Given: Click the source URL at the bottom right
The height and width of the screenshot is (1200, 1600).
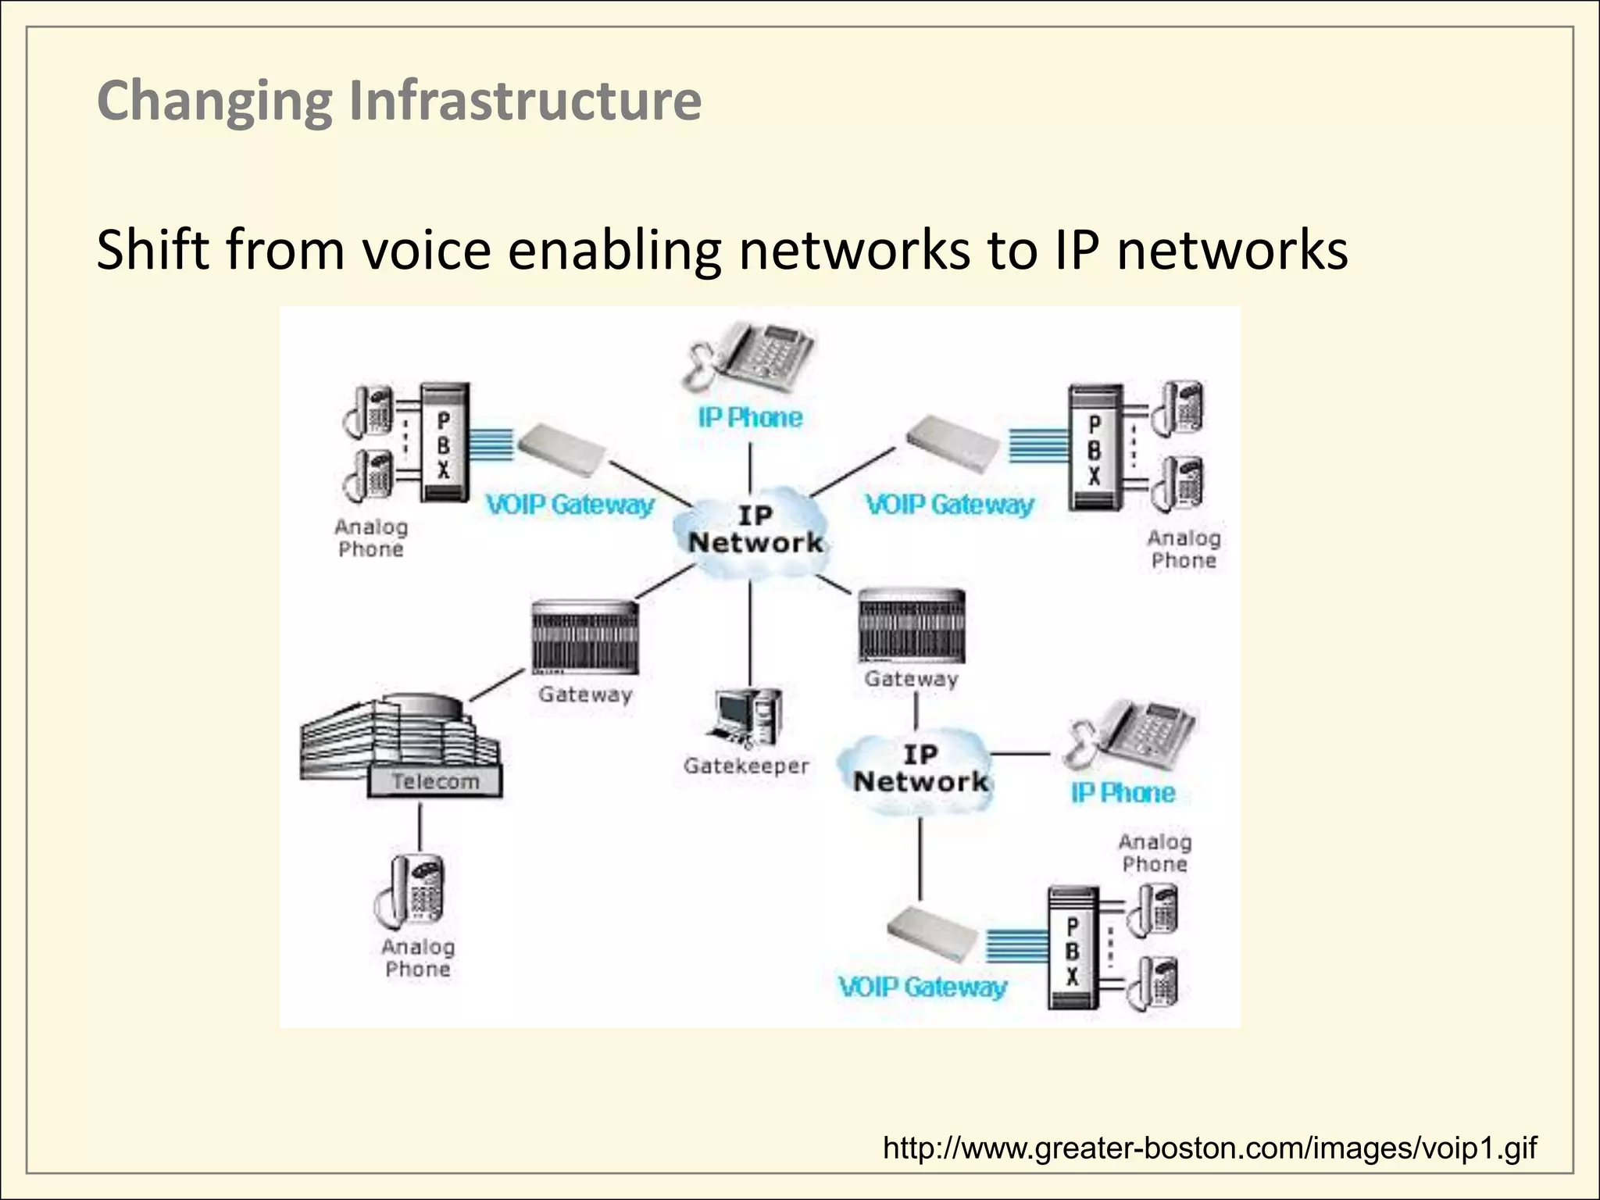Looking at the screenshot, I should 1209,1148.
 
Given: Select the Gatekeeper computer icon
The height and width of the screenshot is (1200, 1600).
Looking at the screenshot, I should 747,717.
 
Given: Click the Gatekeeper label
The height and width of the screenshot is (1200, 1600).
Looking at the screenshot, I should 746,766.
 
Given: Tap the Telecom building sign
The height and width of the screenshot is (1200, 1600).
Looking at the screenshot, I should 435,781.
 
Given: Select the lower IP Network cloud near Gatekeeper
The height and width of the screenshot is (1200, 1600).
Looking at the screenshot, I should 920,770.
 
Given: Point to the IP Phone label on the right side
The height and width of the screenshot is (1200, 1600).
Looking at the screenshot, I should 1123,793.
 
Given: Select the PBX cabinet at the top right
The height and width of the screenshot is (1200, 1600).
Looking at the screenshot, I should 1095,448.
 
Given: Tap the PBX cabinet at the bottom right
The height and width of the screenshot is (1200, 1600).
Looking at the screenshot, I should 1073,949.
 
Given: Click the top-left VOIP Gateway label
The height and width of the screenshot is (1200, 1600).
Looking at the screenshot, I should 570,505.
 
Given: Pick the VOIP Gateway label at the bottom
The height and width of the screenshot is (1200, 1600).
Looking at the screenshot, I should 922,987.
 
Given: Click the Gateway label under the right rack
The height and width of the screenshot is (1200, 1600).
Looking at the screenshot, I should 911,679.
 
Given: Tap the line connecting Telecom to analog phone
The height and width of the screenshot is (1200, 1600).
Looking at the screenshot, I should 420,827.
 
